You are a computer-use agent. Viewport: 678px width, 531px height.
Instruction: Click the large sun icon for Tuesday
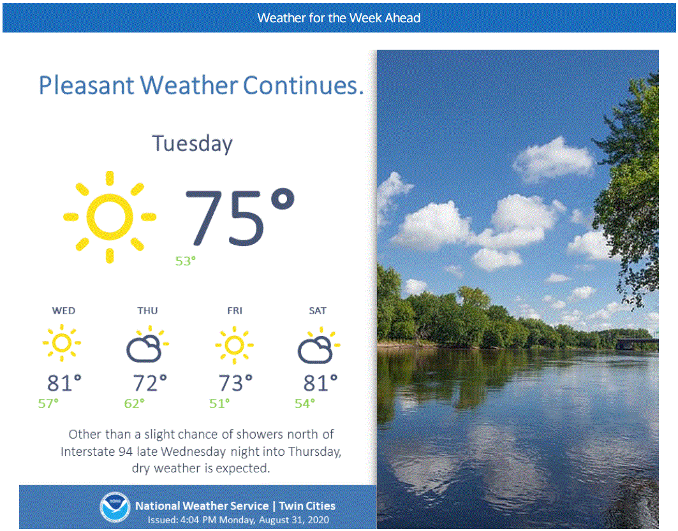click(110, 217)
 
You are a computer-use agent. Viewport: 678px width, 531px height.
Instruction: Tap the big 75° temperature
click(240, 217)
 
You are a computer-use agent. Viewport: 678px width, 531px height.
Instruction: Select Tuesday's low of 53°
click(186, 261)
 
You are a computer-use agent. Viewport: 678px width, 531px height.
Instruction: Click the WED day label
click(64, 310)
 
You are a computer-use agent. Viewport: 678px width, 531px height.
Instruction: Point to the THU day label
click(147, 310)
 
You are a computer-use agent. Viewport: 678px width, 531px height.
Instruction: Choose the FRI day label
click(235, 310)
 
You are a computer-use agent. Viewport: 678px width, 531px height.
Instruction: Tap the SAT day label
click(318, 310)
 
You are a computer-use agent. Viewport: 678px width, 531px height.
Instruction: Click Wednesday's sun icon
click(62, 343)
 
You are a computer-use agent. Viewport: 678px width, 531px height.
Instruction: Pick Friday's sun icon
click(234, 346)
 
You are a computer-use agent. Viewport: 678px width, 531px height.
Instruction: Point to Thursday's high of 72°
click(150, 383)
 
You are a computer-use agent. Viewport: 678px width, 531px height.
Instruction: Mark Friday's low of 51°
click(219, 404)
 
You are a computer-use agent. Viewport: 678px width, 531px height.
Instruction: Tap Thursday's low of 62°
click(134, 404)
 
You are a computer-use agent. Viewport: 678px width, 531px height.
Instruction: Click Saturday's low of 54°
click(305, 404)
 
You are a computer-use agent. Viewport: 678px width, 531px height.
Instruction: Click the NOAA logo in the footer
click(115, 507)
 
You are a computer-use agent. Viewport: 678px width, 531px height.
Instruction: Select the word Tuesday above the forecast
click(193, 144)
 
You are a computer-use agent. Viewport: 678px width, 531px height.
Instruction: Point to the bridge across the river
click(637, 344)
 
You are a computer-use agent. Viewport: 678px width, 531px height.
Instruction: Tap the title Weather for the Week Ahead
click(339, 18)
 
